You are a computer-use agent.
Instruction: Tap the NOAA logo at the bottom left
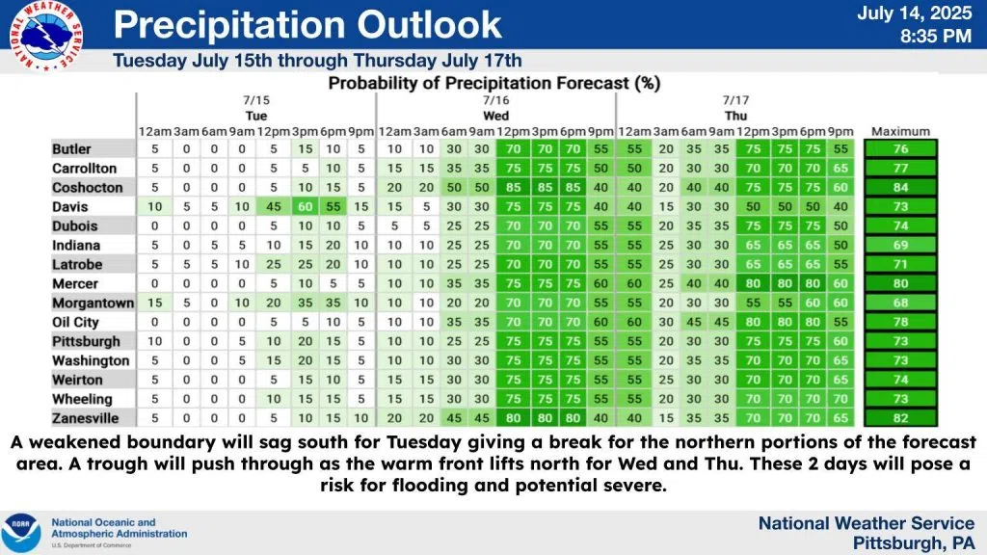point(21,532)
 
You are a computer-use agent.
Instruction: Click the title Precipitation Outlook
point(307,25)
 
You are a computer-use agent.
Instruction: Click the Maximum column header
point(900,131)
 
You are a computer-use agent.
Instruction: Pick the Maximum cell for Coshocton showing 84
point(900,187)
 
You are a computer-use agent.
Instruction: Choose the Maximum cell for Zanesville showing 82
point(900,417)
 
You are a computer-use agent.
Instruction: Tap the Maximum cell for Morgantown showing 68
point(900,303)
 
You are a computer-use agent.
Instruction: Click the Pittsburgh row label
point(86,341)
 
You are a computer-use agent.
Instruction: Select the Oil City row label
point(76,322)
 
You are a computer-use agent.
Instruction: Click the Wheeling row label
point(82,399)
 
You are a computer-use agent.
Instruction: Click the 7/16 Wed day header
point(495,107)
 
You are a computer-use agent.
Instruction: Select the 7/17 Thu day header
point(735,107)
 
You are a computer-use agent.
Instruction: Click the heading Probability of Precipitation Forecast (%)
point(493,83)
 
